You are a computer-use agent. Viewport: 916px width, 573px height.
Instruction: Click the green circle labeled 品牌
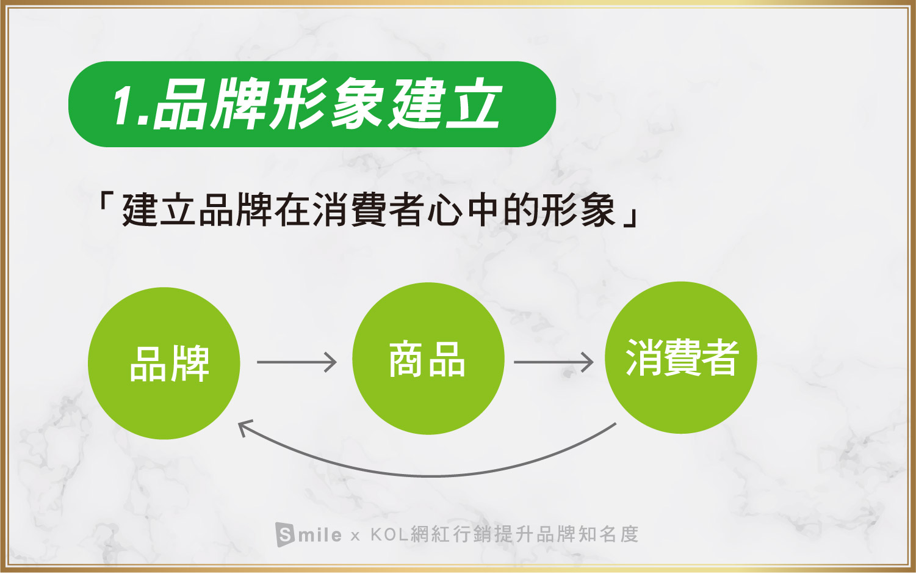[164, 363]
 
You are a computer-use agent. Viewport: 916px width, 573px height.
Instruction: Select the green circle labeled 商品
[428, 359]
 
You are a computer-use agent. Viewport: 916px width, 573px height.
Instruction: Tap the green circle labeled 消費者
[681, 358]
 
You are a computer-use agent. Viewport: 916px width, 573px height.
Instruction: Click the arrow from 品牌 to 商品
[297, 362]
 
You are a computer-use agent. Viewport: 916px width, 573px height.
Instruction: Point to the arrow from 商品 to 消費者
[554, 362]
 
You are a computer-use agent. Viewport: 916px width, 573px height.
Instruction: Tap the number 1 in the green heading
[124, 106]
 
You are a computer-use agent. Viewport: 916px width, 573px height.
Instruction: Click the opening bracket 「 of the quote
[104, 200]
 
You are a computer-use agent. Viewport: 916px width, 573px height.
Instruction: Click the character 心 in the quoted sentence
[444, 210]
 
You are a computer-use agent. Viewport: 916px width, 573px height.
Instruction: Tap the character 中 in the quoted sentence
[482, 210]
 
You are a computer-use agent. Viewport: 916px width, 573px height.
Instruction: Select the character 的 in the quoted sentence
[520, 210]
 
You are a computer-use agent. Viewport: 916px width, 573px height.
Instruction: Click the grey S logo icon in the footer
[285, 534]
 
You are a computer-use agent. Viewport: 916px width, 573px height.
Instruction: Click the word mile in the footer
[320, 535]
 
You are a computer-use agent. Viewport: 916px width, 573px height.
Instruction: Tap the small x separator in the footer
[355, 536]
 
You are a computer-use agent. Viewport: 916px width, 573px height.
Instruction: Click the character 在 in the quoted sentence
[292, 210]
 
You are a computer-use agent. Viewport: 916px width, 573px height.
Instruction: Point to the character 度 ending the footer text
[629, 534]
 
